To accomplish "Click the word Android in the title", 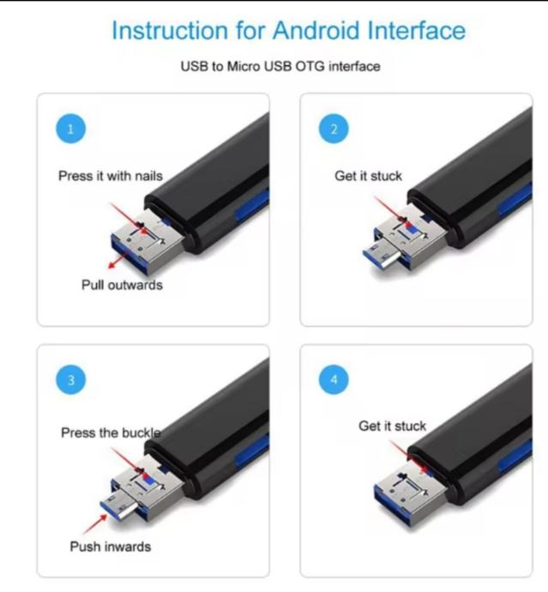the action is click(316, 30).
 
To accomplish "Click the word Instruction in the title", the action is click(170, 30).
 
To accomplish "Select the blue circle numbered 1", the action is click(70, 129).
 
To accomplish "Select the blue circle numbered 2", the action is click(334, 129).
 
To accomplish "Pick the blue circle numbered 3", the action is click(70, 379).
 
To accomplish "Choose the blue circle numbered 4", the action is click(334, 379).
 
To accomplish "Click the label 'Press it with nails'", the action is click(111, 176).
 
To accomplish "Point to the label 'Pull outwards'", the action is click(122, 285).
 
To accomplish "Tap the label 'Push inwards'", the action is click(111, 547).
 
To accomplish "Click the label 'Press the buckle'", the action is click(111, 432).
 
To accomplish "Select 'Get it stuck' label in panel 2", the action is click(368, 176).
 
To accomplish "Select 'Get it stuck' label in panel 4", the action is click(392, 426).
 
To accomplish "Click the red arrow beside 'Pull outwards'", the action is click(117, 261).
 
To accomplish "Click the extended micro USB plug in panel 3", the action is click(119, 507).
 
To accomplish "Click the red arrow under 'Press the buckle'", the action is click(128, 460).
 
